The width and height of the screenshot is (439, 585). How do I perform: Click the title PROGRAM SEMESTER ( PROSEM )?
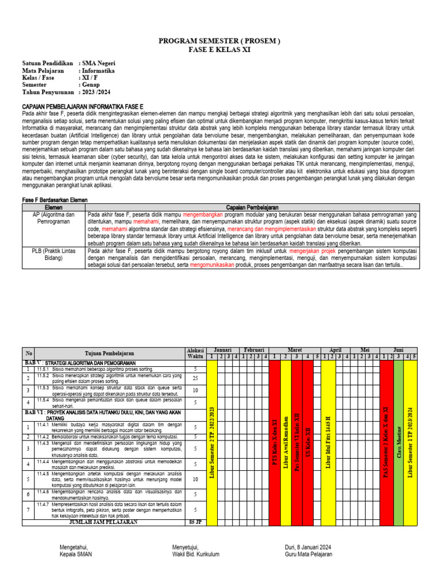219,42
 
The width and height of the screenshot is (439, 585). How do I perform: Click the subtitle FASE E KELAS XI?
219,50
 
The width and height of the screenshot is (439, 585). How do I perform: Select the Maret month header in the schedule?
294,349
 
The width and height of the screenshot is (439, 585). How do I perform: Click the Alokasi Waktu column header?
195,352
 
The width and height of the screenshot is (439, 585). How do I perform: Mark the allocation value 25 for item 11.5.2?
195,378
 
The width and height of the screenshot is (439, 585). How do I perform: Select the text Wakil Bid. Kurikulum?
195,554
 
